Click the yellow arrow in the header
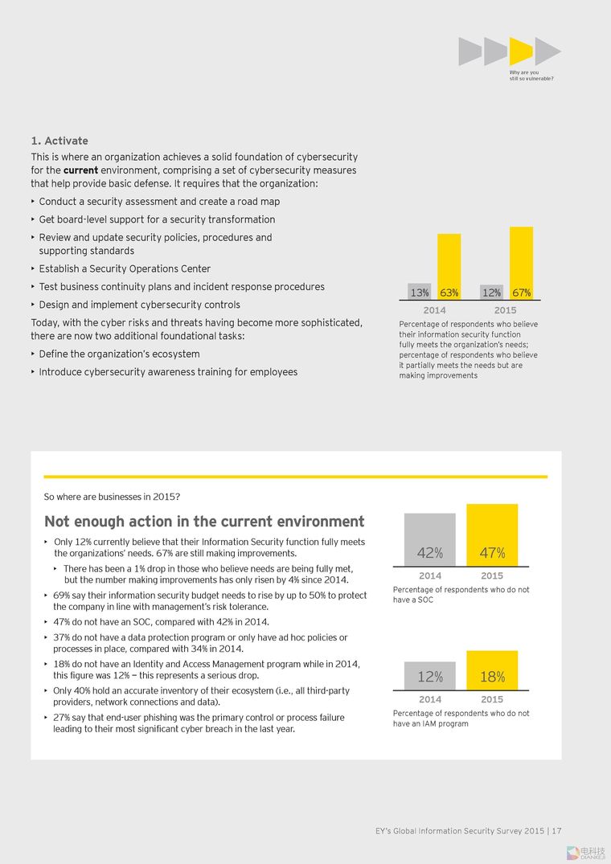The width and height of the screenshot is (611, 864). point(520,51)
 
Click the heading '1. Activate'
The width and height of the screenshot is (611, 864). point(59,141)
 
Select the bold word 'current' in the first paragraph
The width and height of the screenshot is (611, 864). point(80,170)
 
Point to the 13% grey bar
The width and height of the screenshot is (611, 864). point(419,292)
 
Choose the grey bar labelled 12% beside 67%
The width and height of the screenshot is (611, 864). point(491,292)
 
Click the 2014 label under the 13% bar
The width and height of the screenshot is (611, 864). point(434,310)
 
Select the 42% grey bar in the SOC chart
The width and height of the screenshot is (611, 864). point(429,539)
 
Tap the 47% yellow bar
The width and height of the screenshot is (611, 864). point(492,534)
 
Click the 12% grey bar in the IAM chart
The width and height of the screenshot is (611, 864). point(429,676)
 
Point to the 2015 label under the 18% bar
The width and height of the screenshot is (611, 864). point(492,699)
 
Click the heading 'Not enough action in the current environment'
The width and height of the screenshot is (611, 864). point(204,522)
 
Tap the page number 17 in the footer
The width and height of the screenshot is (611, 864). point(556,831)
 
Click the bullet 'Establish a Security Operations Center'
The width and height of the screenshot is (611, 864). point(125,268)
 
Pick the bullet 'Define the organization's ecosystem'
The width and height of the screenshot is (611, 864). point(119,354)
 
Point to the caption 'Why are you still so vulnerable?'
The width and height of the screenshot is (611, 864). point(531,76)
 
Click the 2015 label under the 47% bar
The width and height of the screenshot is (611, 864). point(492,575)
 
